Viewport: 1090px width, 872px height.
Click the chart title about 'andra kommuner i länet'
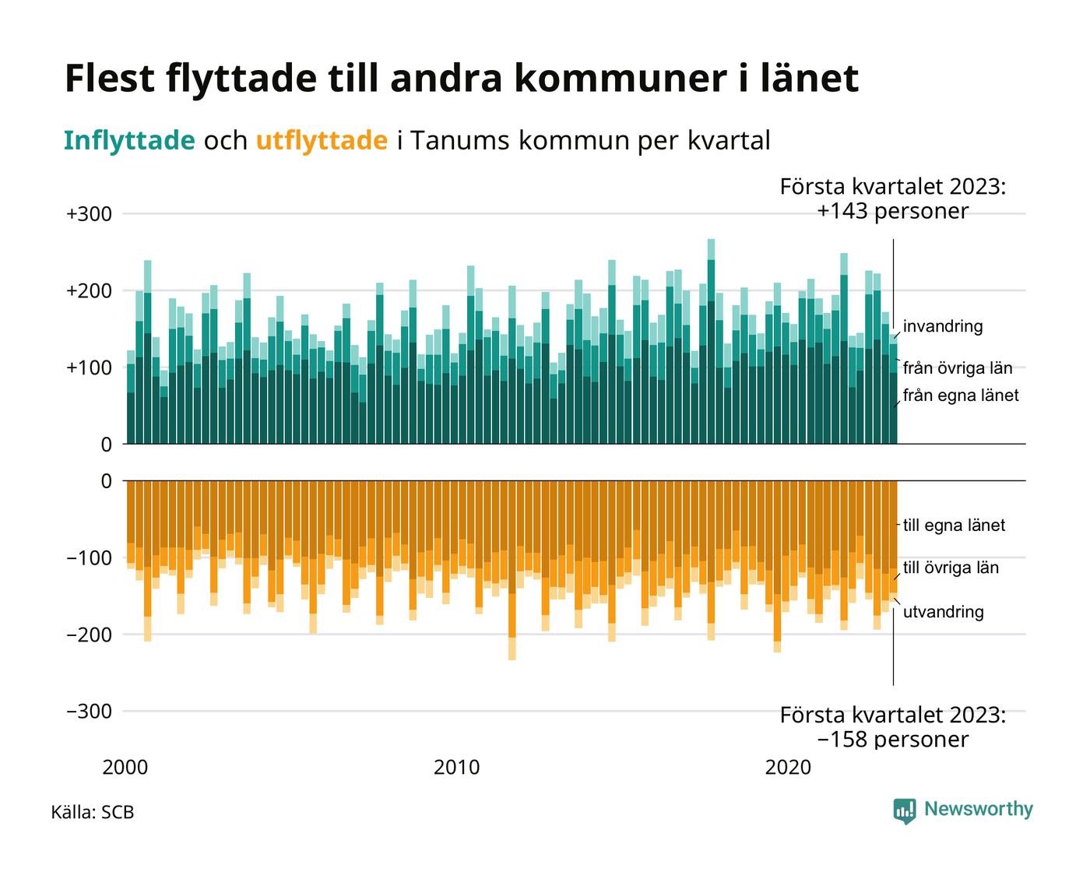[x=461, y=79]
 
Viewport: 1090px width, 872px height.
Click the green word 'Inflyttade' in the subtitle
[x=129, y=141]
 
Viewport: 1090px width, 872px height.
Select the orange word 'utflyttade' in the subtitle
[x=322, y=141]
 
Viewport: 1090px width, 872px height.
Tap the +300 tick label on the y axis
[x=90, y=214]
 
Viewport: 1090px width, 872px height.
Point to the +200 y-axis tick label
[x=90, y=291]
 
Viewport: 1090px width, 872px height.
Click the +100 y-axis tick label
[x=90, y=367]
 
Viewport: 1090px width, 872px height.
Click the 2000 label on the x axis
[x=125, y=768]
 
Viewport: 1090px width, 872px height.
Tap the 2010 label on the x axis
[x=457, y=768]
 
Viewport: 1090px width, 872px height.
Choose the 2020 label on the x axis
[x=789, y=768]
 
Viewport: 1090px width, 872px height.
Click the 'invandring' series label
[x=943, y=327]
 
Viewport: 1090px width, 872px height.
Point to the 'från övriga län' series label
[x=958, y=368]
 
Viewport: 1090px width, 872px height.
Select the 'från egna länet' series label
[x=961, y=396]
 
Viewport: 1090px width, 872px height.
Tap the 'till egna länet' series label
[x=954, y=526]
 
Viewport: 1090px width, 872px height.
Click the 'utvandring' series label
[x=943, y=612]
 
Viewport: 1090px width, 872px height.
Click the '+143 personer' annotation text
[x=893, y=211]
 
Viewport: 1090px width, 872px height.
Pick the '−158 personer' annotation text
[x=893, y=739]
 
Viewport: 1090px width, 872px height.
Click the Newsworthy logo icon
[x=905, y=810]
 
